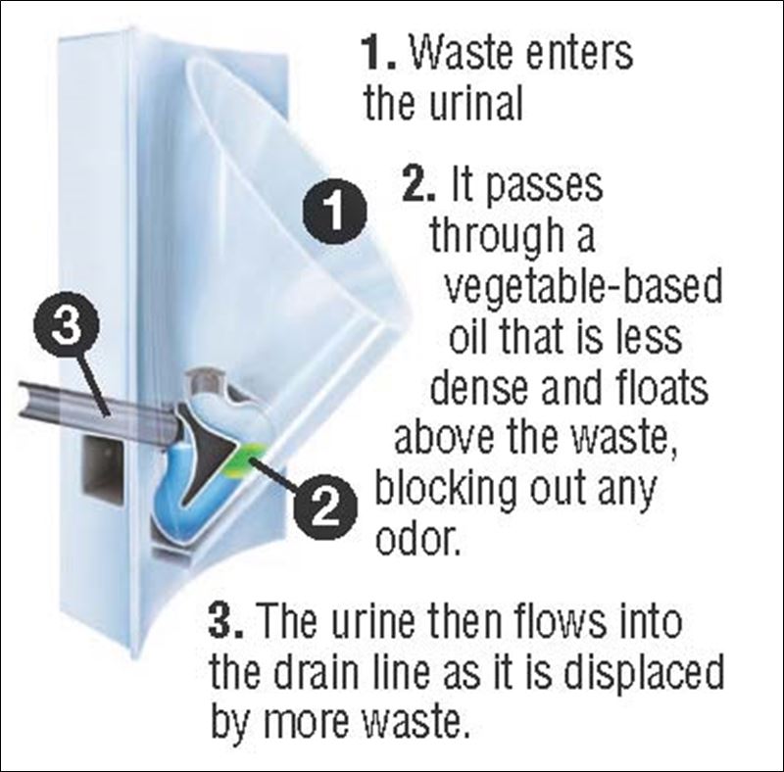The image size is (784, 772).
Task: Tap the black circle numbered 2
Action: pos(325,507)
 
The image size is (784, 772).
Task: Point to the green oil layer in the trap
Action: pos(246,458)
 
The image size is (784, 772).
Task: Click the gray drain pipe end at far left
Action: pos(30,398)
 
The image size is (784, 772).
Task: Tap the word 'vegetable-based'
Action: pos(582,287)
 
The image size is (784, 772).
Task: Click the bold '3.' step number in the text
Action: pos(226,621)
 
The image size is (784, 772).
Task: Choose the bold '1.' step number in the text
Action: pos(379,53)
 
